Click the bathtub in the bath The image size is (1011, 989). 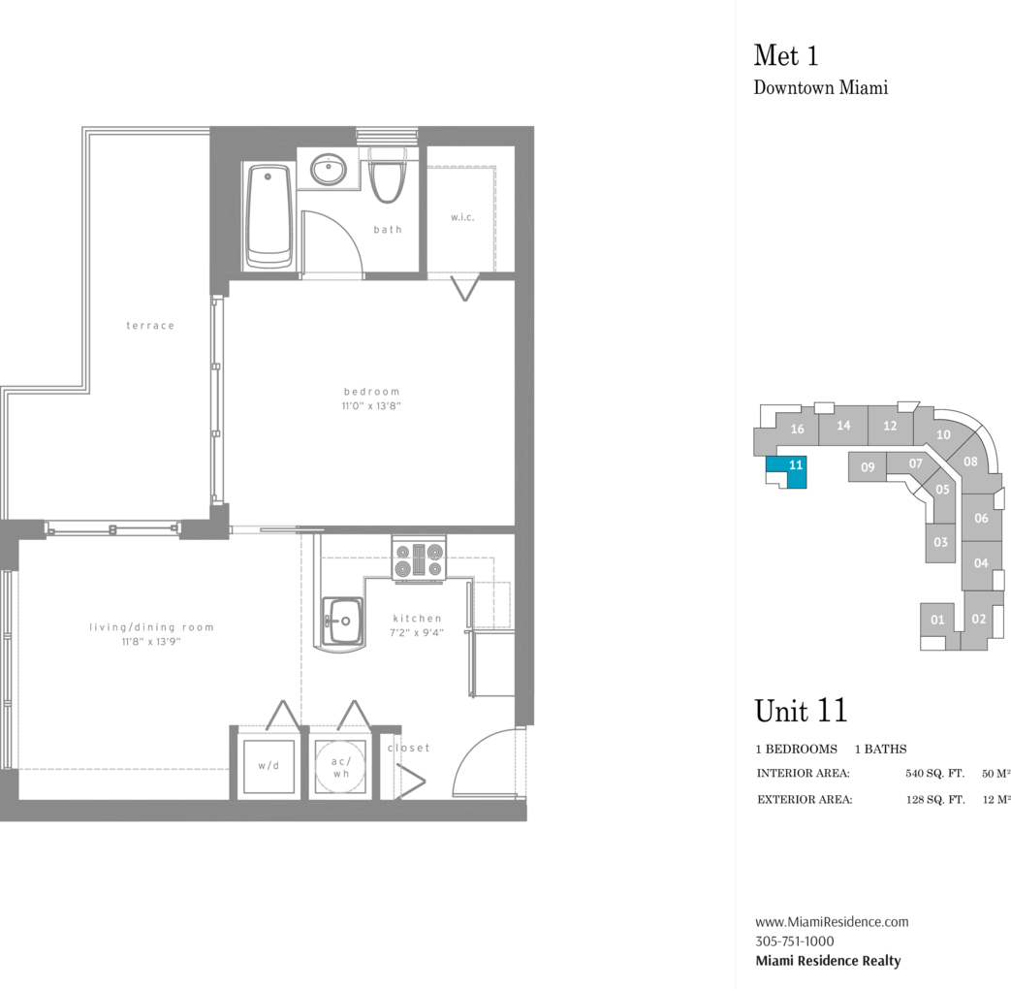tap(269, 216)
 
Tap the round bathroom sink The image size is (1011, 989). tap(329, 170)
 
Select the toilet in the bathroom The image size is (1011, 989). tap(388, 175)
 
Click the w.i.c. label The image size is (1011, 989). tap(462, 217)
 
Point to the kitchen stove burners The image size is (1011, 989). tap(419, 559)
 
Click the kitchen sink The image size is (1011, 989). tap(342, 622)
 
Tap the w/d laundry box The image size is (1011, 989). tap(269, 766)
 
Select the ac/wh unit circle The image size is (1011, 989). tap(340, 766)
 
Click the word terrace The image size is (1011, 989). tap(150, 326)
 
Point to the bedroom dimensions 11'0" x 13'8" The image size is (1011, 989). tap(371, 406)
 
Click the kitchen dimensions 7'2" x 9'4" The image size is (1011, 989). tap(417, 633)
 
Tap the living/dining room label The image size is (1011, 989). tap(151, 627)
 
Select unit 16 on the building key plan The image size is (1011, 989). tap(797, 429)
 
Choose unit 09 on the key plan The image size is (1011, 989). tap(868, 467)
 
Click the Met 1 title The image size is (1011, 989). tap(786, 55)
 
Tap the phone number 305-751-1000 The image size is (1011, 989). tap(795, 941)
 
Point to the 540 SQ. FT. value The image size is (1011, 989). tap(935, 773)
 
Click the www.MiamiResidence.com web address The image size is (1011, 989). tap(832, 922)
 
